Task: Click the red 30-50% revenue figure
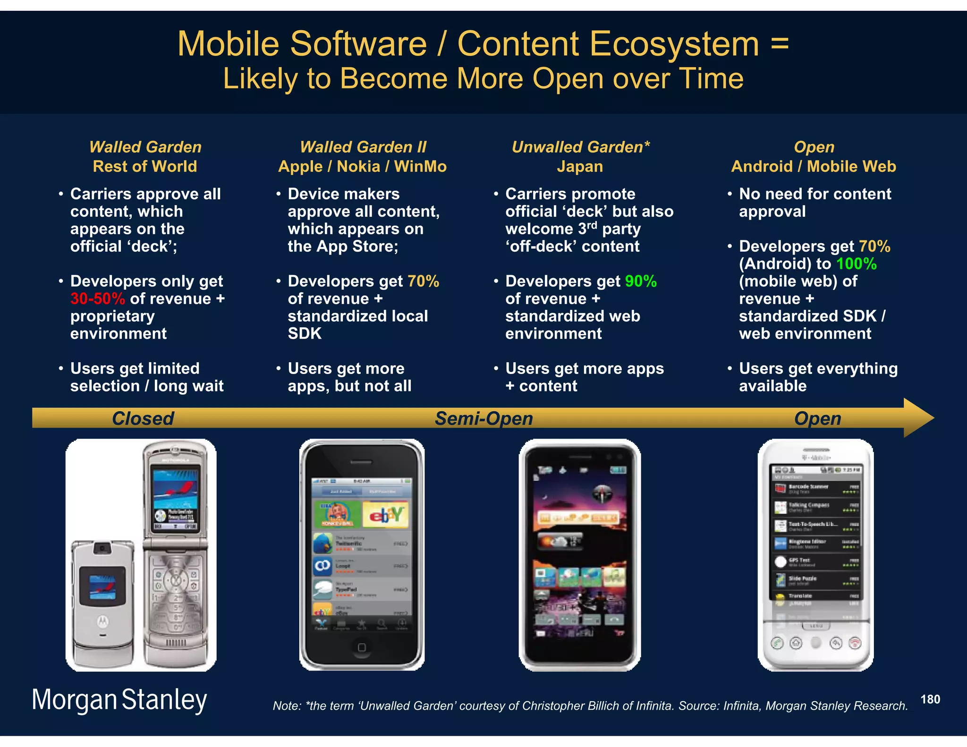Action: [x=98, y=299]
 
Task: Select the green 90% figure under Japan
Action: [x=640, y=281]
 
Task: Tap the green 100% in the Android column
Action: [x=856, y=264]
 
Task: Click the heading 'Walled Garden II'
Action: [x=363, y=147]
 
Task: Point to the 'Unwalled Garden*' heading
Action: [x=580, y=147]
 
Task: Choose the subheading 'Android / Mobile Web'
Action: [x=813, y=166]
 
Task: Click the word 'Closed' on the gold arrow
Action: [x=143, y=418]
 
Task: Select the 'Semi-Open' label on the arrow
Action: [x=483, y=418]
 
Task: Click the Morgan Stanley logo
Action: [x=119, y=699]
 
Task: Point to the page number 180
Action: [x=930, y=699]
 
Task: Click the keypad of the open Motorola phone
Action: [x=175, y=600]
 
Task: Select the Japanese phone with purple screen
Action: [x=579, y=555]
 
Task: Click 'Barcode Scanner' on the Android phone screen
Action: [x=808, y=486]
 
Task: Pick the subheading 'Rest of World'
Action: [x=144, y=166]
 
